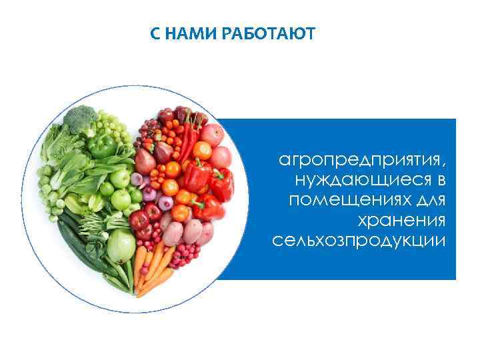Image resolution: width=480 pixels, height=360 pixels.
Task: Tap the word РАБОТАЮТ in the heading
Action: tap(269, 33)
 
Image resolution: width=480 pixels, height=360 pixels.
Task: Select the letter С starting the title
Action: tap(154, 33)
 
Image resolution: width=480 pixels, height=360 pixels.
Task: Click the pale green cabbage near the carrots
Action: tap(121, 246)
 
